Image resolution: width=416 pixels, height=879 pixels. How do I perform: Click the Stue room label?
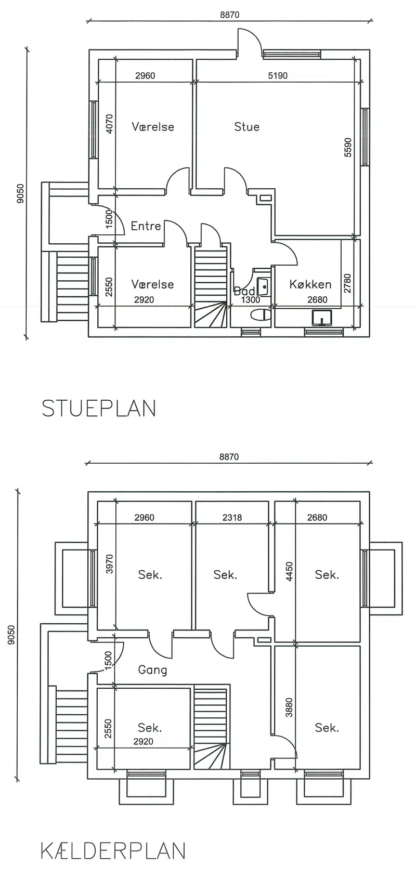pos(247,127)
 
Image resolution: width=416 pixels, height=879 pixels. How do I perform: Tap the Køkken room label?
pos(310,284)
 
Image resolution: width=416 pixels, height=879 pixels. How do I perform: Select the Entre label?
pos(146,226)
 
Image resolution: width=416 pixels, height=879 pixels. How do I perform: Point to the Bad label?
pos(244,291)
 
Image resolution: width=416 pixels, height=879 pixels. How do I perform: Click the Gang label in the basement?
pos(153,670)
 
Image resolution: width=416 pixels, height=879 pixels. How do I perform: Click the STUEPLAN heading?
pos(99,408)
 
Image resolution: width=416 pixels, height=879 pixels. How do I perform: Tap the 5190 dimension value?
pos(278,75)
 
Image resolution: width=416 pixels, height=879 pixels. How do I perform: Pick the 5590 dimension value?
pos(348,148)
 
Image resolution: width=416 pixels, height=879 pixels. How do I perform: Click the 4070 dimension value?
pos(110,124)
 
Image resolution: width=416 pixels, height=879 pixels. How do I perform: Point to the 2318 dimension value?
pos(232,517)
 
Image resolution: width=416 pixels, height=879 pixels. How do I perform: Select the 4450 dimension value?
pos(289,572)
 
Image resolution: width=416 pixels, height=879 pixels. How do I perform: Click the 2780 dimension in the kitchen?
pos(347,284)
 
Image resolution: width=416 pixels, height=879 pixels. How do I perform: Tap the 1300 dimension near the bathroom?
pos(251,300)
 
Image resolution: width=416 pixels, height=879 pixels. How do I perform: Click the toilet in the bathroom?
pos(261,314)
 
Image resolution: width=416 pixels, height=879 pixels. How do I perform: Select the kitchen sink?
pos(322,318)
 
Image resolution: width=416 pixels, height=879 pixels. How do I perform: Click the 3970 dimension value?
pos(110,564)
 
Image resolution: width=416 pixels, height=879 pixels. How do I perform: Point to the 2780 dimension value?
pos(347,284)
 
